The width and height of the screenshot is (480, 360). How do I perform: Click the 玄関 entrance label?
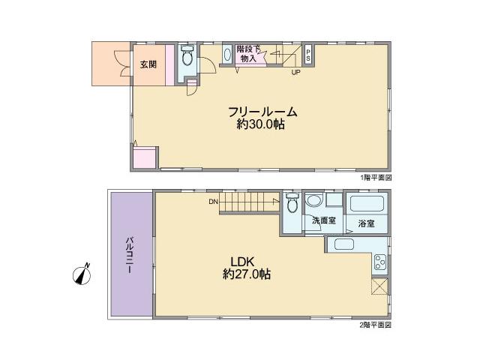[x=148, y=64]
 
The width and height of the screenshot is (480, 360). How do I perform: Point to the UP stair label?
[x=295, y=73]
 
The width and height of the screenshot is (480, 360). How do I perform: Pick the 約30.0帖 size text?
[x=260, y=125]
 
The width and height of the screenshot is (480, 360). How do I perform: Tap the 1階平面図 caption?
[x=376, y=178]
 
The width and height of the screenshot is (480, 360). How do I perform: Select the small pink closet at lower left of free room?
[x=144, y=157]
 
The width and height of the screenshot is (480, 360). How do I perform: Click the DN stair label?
[x=213, y=201]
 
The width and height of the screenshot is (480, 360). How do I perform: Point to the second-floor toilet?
[x=292, y=202]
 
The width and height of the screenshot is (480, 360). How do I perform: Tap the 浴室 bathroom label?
[x=366, y=223]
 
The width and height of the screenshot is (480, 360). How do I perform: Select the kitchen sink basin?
[x=344, y=245]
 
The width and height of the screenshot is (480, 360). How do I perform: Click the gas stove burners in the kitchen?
[x=379, y=262]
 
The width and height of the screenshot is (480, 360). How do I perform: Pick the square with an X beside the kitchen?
[x=380, y=286]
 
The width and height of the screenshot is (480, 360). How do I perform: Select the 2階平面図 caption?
[x=376, y=325]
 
